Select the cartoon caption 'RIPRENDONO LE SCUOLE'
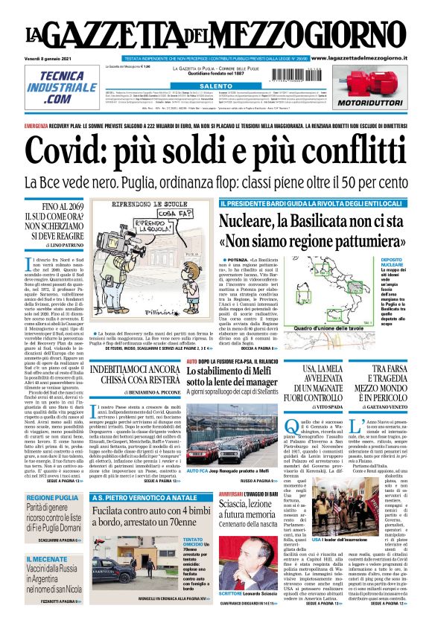click(154, 202)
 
